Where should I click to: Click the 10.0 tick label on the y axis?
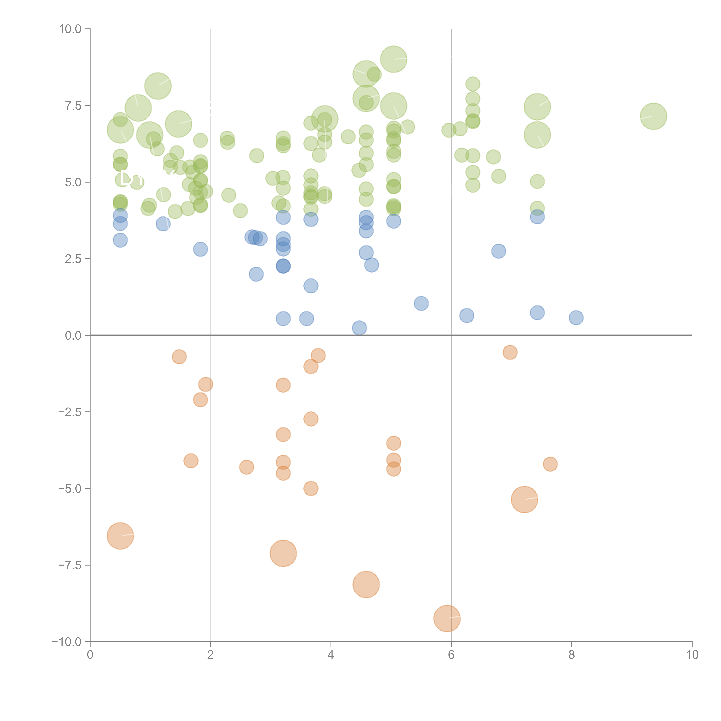coord(70,29)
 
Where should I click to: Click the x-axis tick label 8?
coord(572,655)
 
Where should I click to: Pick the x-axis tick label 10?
coord(692,655)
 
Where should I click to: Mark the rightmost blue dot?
coord(576,318)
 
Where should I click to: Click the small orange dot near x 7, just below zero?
coord(510,352)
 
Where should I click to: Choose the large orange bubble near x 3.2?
coord(283,553)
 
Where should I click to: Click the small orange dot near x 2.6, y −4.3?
coord(246,467)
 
